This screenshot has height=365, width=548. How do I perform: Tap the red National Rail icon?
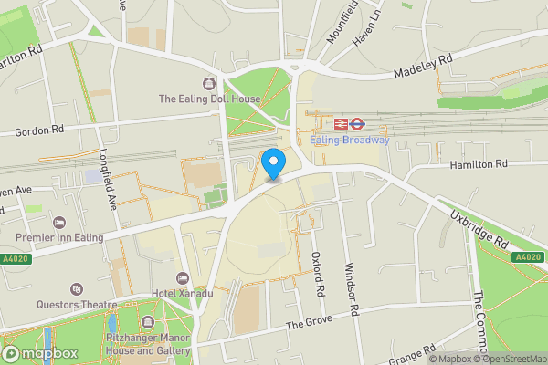click(x=340, y=123)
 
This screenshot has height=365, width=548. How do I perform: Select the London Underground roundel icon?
click(x=358, y=123)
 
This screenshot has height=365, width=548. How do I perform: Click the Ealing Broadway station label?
click(x=349, y=140)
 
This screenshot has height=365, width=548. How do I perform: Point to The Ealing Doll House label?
click(x=209, y=99)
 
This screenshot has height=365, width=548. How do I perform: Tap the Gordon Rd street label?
click(x=37, y=131)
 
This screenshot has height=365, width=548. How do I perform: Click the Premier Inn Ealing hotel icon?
click(x=59, y=223)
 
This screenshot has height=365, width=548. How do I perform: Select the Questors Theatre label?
click(x=77, y=304)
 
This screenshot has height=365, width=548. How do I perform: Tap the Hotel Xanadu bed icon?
click(x=182, y=277)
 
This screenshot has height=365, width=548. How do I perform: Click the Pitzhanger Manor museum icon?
click(x=148, y=321)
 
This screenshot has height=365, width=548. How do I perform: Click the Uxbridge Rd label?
click(x=478, y=229)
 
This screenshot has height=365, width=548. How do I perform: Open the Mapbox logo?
click(x=39, y=353)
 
